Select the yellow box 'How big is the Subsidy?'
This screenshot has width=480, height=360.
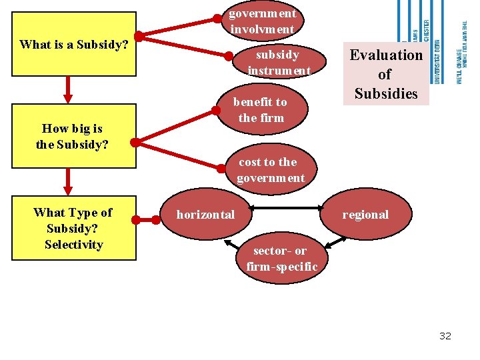pos(72,135)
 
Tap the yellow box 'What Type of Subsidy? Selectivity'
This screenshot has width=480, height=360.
pos(73,228)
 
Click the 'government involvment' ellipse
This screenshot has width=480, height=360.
pos(262,21)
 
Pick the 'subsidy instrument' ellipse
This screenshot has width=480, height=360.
pos(279,62)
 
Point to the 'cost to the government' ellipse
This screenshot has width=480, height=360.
pos(270,170)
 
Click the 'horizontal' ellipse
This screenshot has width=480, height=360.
pos(205,215)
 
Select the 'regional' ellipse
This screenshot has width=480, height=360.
pos(365,215)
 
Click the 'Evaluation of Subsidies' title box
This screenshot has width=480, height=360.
pos(386,74)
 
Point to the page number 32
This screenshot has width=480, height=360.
pos(445,336)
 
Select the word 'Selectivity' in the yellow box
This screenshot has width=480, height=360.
pos(73,245)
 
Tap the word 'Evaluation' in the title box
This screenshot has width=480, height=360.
pos(386,55)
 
